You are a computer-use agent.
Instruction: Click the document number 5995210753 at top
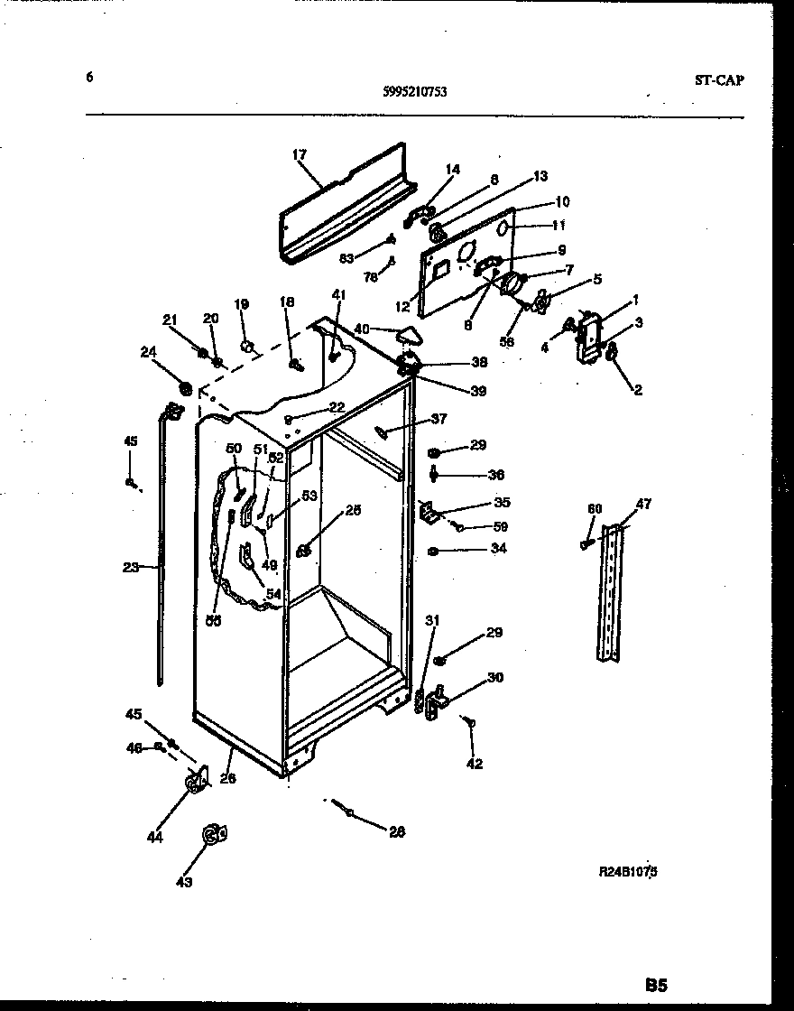[416, 90]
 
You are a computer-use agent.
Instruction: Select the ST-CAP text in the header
[720, 79]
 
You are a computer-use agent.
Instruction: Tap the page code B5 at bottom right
[656, 984]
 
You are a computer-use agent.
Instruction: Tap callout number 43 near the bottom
[184, 882]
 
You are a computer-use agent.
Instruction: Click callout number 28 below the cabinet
[396, 831]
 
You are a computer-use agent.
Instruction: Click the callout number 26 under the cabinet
[228, 778]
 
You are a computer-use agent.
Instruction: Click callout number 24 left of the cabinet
[148, 353]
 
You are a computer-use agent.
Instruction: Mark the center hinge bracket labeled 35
[428, 513]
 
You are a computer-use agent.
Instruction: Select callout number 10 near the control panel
[562, 201]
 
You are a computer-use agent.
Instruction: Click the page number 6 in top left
[89, 78]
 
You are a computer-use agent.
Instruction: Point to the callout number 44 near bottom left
[155, 837]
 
